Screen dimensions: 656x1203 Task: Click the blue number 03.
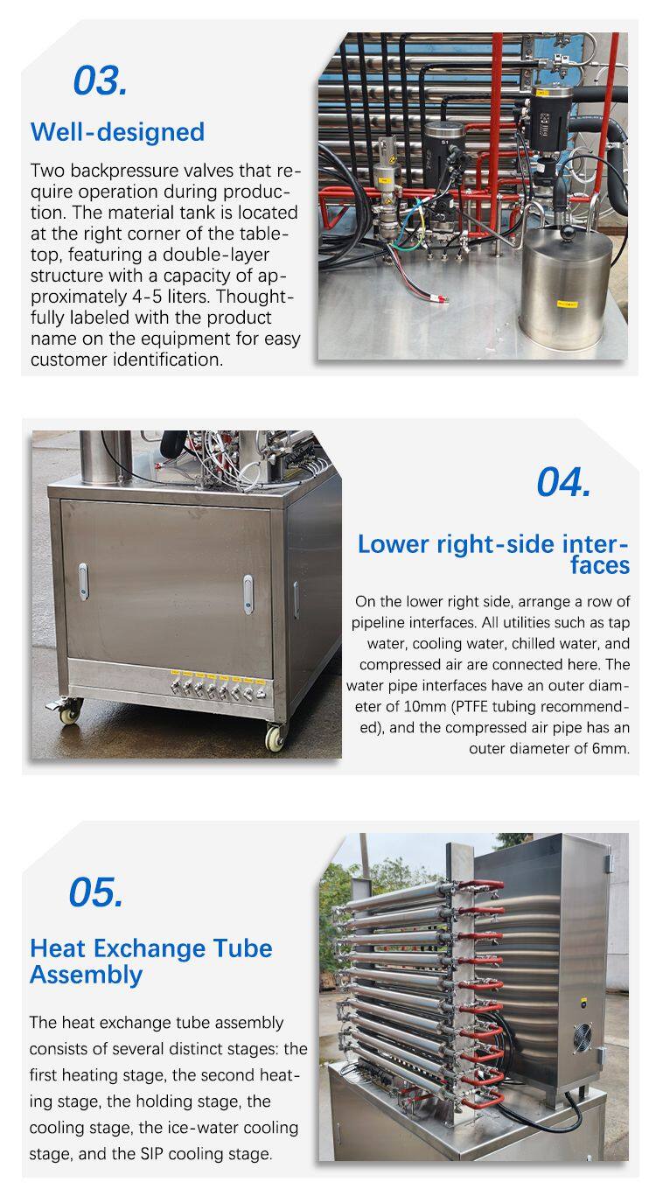[x=100, y=80]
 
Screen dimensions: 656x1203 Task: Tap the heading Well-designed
[x=117, y=132]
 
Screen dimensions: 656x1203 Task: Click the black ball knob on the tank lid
[x=567, y=232]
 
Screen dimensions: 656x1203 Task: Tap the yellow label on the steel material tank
[x=567, y=304]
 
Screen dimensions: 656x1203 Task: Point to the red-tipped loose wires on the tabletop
[x=436, y=297]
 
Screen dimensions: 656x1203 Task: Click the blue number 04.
[x=563, y=482]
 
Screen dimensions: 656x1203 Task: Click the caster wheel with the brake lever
[x=69, y=710]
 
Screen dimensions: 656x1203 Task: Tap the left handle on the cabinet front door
[x=83, y=581]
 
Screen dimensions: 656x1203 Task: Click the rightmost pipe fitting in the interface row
[x=260, y=692]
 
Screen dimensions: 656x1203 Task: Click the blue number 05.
[x=96, y=892]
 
